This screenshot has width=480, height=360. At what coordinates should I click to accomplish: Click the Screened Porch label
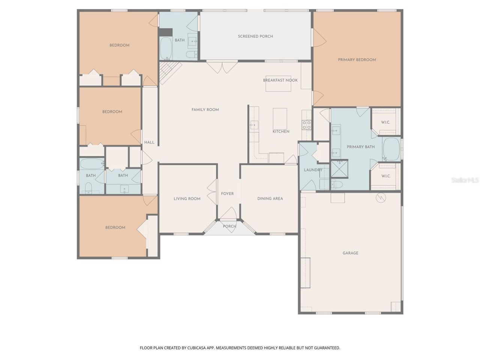tap(255, 36)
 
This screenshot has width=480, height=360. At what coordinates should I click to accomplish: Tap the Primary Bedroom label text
tap(357, 60)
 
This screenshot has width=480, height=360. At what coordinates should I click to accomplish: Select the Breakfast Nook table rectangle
tap(279, 84)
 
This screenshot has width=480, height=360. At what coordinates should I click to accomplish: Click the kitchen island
tap(280, 118)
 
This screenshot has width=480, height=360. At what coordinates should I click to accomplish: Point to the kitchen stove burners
tap(306, 124)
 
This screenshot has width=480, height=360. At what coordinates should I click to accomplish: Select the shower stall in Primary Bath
tap(339, 169)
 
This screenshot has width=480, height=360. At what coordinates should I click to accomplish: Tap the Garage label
tap(350, 253)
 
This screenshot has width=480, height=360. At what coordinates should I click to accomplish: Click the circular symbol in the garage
tap(381, 197)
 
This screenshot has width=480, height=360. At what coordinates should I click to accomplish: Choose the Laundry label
tap(313, 170)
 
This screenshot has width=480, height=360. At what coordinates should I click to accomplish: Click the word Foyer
tap(227, 194)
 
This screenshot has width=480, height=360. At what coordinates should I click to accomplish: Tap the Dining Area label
tap(270, 199)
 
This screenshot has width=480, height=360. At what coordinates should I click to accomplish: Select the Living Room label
tap(187, 199)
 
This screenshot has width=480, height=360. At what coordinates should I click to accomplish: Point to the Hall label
tap(149, 142)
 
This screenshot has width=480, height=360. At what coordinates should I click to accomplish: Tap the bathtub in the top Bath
tap(166, 48)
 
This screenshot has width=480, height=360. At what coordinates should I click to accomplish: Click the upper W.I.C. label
tap(385, 122)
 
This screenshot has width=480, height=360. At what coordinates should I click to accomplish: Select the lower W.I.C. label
tap(386, 176)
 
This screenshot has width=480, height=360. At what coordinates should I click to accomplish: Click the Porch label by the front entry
tap(229, 226)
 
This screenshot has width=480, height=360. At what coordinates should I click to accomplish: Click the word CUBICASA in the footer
tap(204, 348)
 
